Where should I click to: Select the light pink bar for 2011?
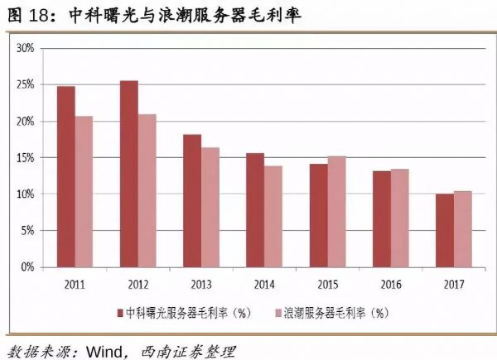(84, 191)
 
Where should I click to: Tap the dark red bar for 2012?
(129, 174)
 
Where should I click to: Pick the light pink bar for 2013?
(210, 207)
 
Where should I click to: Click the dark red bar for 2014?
(255, 210)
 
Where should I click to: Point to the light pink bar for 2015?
(336, 212)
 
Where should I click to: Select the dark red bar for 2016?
(381, 218)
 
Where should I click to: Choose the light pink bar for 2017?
(462, 229)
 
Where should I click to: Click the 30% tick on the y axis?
(24, 48)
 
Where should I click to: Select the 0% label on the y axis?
(26, 266)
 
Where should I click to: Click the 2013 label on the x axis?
(201, 283)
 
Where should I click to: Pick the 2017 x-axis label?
(454, 283)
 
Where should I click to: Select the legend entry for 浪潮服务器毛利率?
(331, 314)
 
